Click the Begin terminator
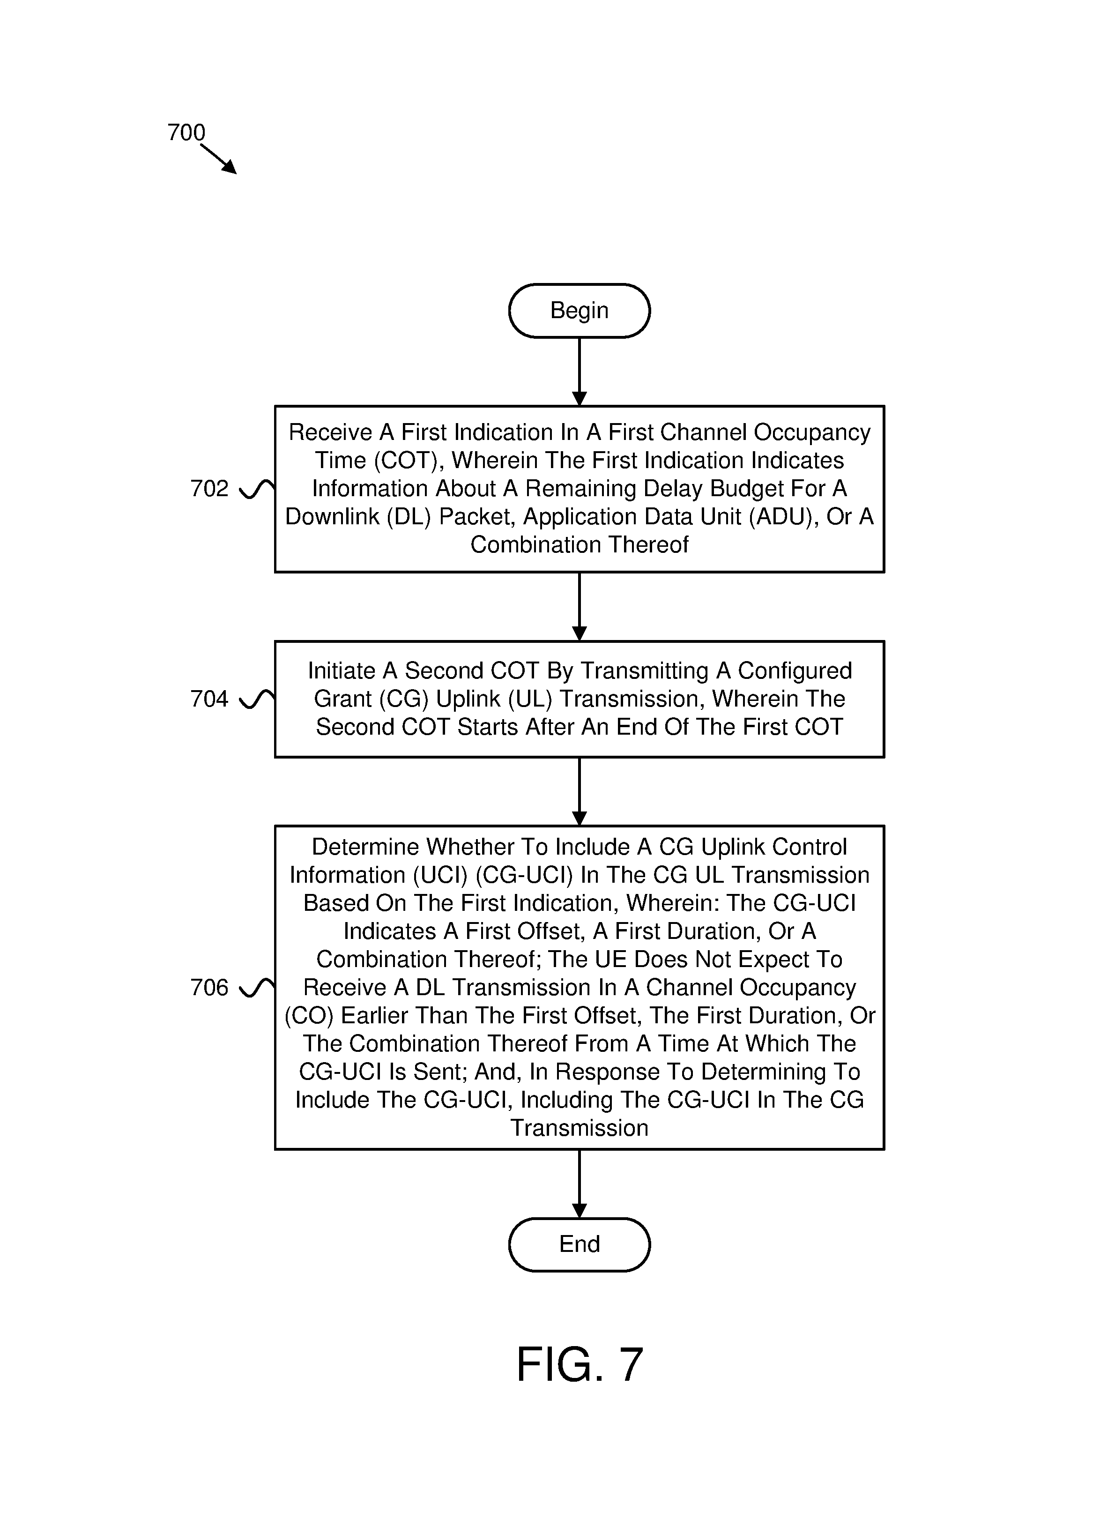coord(579,310)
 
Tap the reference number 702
coord(209,489)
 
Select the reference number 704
coord(209,699)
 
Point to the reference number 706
coord(209,988)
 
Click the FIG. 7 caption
coord(579,1364)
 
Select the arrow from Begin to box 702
coord(579,372)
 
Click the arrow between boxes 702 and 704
coord(579,606)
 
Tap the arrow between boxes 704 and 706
coord(579,791)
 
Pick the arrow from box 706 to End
coord(579,1184)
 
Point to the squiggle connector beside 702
coord(257,489)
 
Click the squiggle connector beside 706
coord(257,988)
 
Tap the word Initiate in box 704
coord(342,671)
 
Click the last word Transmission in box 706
coord(579,1128)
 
